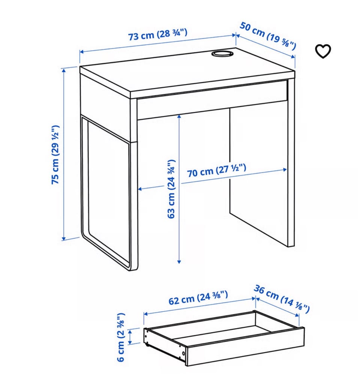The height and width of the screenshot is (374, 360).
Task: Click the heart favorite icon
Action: pyautogui.click(x=323, y=51)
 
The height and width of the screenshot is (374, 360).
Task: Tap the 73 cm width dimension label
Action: pyautogui.click(x=158, y=35)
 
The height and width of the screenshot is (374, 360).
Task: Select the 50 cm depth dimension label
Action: pyautogui.click(x=268, y=36)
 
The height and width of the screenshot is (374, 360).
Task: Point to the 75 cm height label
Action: pyautogui.click(x=55, y=154)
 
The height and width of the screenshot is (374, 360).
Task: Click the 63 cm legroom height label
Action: pyautogui.click(x=171, y=189)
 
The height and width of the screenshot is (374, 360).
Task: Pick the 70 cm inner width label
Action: pyautogui.click(x=216, y=170)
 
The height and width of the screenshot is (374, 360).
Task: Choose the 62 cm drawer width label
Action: pyautogui.click(x=198, y=298)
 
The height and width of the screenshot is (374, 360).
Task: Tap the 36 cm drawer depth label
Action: pyautogui.click(x=282, y=299)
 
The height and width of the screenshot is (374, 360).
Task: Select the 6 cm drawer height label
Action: pyautogui.click(x=121, y=337)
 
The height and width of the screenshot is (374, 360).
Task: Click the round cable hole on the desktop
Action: pyautogui.click(x=222, y=53)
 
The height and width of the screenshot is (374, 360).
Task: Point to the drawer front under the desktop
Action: pyautogui.click(x=212, y=100)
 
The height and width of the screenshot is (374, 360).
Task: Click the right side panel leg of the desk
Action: pyautogui.click(x=291, y=162)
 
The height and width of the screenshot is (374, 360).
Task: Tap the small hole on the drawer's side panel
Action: pyautogui.click(x=183, y=353)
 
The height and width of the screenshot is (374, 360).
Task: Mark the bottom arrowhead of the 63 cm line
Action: pyautogui.click(x=179, y=261)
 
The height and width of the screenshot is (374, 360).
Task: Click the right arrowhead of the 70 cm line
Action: pyautogui.click(x=285, y=170)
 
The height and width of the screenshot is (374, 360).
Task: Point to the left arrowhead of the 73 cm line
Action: pyautogui.click(x=81, y=52)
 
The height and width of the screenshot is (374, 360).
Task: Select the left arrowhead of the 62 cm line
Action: pyautogui.click(x=146, y=314)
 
